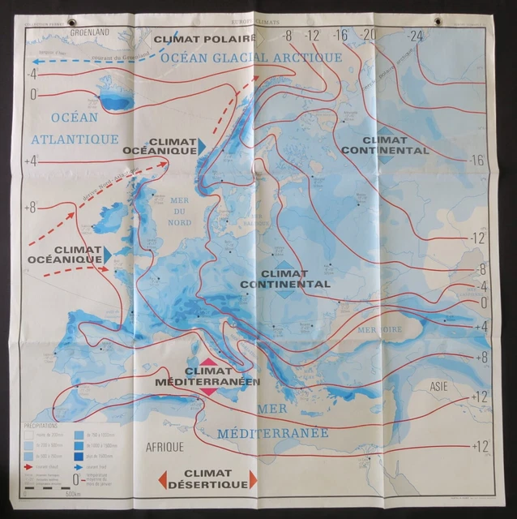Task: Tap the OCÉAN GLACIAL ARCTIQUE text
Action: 251,58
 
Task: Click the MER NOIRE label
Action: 380,330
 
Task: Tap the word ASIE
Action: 440,386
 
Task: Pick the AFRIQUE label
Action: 165,447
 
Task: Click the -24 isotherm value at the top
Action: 417,36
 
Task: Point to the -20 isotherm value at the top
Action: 369,34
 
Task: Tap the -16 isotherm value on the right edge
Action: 477,159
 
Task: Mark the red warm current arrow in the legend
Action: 29,469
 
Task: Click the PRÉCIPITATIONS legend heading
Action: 36,423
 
